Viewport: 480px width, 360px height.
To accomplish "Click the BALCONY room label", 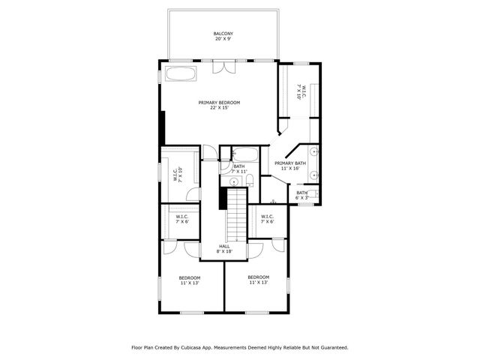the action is coord(223,34).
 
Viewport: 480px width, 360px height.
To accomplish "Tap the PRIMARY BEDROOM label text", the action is coord(219,103).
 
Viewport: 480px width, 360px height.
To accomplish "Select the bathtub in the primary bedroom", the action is coord(181,73).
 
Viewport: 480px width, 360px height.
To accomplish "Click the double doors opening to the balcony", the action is coord(224,67).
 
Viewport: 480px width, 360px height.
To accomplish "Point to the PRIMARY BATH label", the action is coord(290,163).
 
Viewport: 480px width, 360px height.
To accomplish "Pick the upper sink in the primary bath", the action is coord(314,151).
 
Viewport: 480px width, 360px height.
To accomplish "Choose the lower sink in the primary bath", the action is coord(314,175).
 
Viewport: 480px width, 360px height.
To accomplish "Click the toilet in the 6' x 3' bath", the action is coord(313,193).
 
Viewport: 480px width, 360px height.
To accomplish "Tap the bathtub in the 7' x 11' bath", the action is coord(244,154).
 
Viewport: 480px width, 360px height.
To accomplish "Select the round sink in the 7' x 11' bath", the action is coord(234,182).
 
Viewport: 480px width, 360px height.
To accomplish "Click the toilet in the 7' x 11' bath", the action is coord(250,181).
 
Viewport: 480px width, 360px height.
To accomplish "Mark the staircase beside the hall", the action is coord(237,215).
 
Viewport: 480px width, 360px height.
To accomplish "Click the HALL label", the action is coord(224,247).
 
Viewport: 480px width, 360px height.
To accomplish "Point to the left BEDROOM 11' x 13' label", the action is coord(190,278).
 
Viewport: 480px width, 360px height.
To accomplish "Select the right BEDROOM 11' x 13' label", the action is coord(258,277).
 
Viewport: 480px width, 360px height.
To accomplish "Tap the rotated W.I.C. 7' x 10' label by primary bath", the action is coord(301,91).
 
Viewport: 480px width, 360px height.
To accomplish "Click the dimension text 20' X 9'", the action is coord(223,39).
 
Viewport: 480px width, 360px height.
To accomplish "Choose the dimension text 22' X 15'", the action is coord(220,108).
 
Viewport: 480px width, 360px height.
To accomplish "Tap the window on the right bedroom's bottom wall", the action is coord(257,313).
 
